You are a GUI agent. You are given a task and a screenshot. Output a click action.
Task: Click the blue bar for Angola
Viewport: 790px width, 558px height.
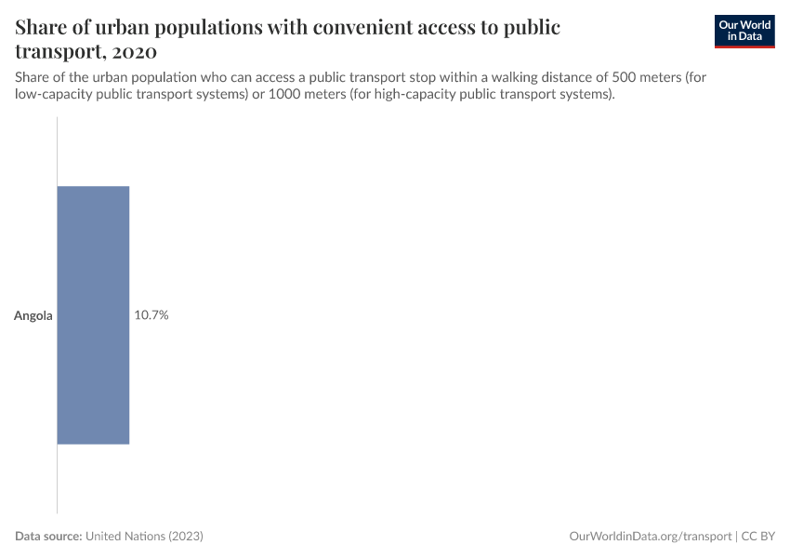pos(93,314)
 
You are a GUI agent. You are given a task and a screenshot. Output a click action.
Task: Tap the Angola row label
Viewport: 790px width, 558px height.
pos(33,315)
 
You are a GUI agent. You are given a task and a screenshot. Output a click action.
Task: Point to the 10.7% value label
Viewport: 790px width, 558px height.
pos(151,315)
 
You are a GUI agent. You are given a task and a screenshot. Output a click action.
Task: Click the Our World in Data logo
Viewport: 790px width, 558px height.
pos(744,31)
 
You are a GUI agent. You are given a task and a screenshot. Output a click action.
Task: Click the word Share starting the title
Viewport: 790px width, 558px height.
pos(43,27)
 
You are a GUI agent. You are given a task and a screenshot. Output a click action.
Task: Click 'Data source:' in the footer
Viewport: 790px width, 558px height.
pos(48,537)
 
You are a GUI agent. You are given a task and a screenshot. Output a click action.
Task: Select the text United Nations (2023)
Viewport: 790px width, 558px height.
pos(144,537)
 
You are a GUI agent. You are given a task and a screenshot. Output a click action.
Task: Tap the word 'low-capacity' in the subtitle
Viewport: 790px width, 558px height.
pos(53,95)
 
